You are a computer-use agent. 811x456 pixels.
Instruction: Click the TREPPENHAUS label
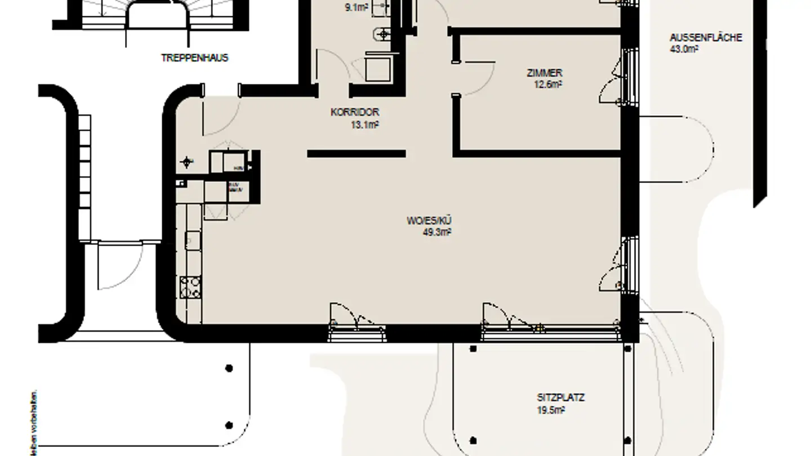[x=194, y=58]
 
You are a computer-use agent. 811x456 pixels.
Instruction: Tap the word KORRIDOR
[x=354, y=113]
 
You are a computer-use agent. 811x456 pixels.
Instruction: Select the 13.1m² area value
[x=364, y=125]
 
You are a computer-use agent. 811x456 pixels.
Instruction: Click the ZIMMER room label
[x=544, y=73]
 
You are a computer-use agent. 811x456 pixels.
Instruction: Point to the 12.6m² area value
[x=549, y=85]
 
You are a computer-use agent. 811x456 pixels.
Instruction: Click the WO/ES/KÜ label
[x=429, y=221]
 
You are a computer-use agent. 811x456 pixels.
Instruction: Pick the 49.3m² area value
[x=437, y=232]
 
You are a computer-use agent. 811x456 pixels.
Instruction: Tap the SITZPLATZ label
[x=560, y=398]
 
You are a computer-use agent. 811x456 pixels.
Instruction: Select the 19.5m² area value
[x=551, y=410]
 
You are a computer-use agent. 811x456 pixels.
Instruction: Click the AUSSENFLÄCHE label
[x=706, y=38]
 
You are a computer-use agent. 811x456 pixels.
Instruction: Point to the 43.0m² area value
[x=684, y=50]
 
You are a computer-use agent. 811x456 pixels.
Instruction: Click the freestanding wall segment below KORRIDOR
[x=356, y=154]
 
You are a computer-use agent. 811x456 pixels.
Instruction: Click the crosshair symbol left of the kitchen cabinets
[x=187, y=163]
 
